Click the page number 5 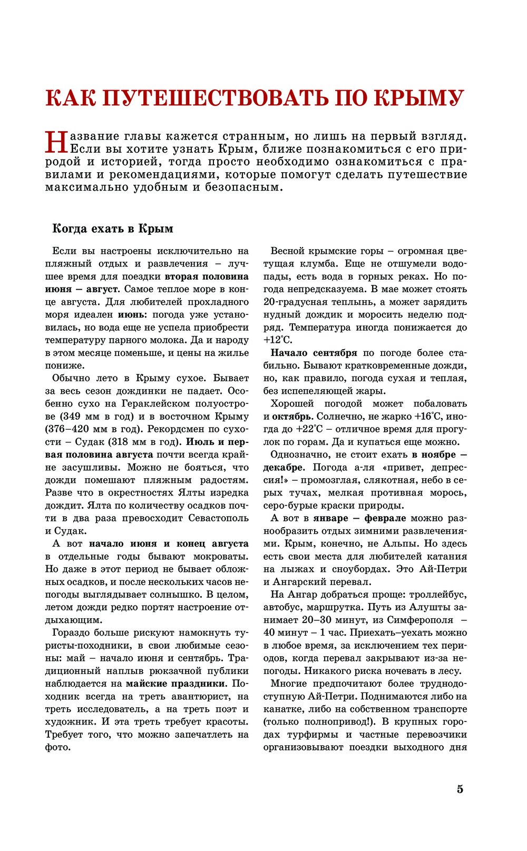pos(460,789)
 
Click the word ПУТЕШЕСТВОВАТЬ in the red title pos(219,98)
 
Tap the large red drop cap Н pos(56,143)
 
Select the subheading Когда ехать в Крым pos(113,229)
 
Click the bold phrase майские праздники pos(175,684)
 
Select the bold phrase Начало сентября pos(314,353)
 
